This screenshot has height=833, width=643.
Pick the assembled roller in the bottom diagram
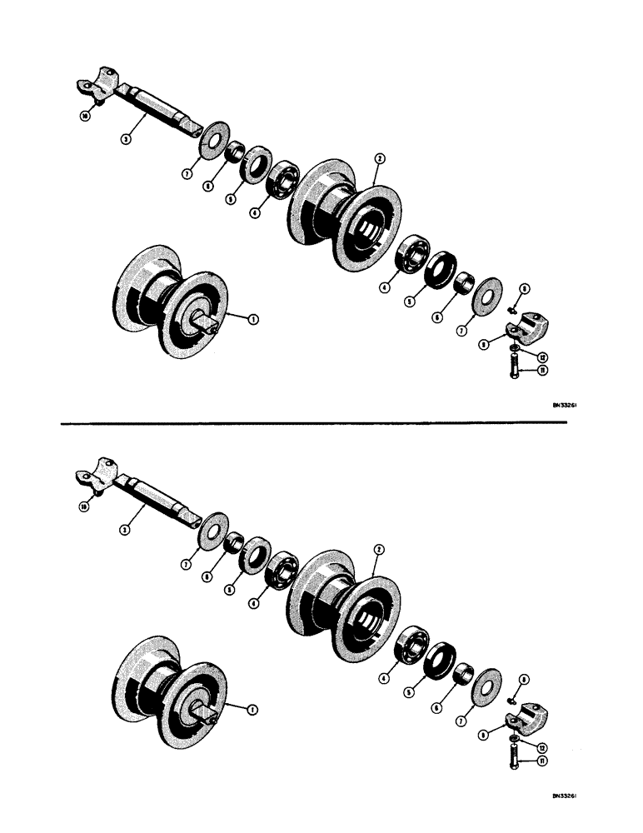click(x=172, y=691)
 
